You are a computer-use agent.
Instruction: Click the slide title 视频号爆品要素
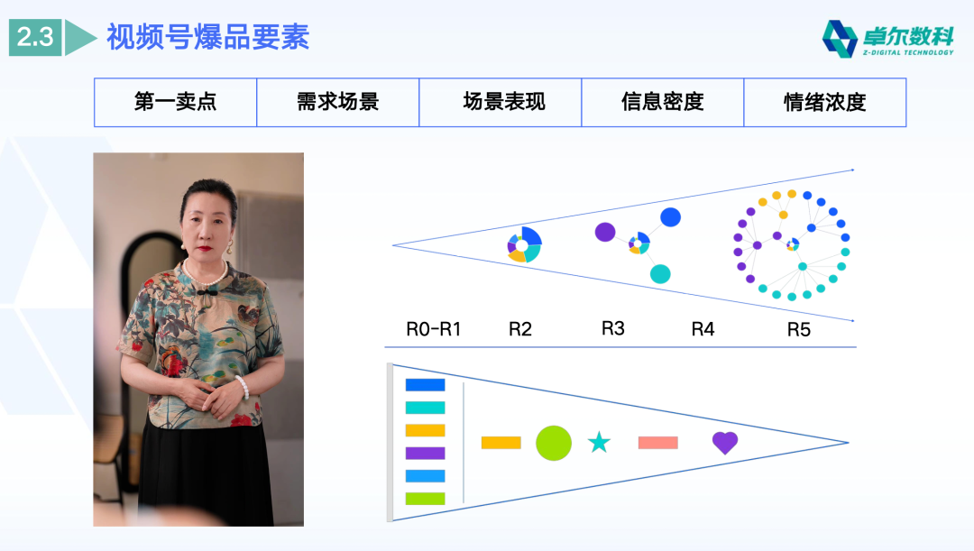207,38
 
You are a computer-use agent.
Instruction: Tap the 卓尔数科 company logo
887,39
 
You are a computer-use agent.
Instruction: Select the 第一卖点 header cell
176,102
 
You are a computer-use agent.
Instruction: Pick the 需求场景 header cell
338,102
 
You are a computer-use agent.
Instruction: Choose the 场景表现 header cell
501,102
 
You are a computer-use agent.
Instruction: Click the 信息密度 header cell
663,102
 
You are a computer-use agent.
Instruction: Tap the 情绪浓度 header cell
825,102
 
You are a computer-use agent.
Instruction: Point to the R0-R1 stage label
433,329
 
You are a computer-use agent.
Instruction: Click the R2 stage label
520,329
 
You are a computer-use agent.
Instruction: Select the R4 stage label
703,329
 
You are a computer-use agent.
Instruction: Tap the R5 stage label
799,329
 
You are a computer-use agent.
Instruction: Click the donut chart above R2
524,243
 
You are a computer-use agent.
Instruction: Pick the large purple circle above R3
604,232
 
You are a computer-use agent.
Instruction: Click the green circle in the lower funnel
554,443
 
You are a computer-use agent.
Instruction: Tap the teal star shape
599,443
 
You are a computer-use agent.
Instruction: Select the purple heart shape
725,442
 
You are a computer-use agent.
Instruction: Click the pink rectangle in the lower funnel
657,443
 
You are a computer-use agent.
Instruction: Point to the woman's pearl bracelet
242,387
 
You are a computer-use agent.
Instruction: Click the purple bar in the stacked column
425,453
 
